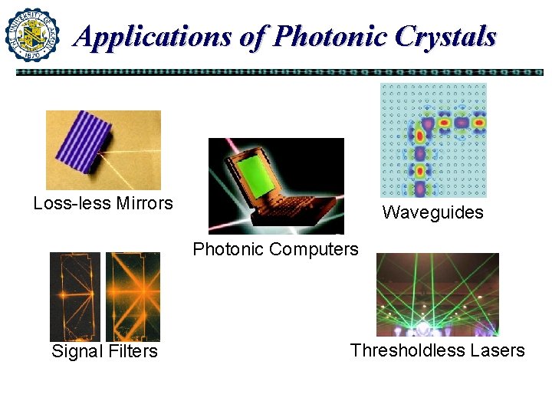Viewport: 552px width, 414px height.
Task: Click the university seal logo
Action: [32, 34]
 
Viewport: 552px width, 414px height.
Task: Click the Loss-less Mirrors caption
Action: [103, 203]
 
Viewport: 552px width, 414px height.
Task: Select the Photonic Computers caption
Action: [275, 249]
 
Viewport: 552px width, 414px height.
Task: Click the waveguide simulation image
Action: [433, 140]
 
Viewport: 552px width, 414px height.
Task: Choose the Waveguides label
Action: [432, 212]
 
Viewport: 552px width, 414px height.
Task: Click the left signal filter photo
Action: [75, 297]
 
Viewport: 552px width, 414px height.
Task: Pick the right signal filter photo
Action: [133, 297]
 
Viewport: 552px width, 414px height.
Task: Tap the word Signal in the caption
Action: [76, 351]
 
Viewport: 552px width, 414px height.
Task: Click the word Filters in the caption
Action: [131, 351]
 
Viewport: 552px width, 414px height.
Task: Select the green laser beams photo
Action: [437, 294]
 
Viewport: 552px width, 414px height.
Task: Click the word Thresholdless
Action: [407, 350]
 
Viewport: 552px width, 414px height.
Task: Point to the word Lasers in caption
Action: [498, 350]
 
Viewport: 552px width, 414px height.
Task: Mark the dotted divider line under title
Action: [279, 72]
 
